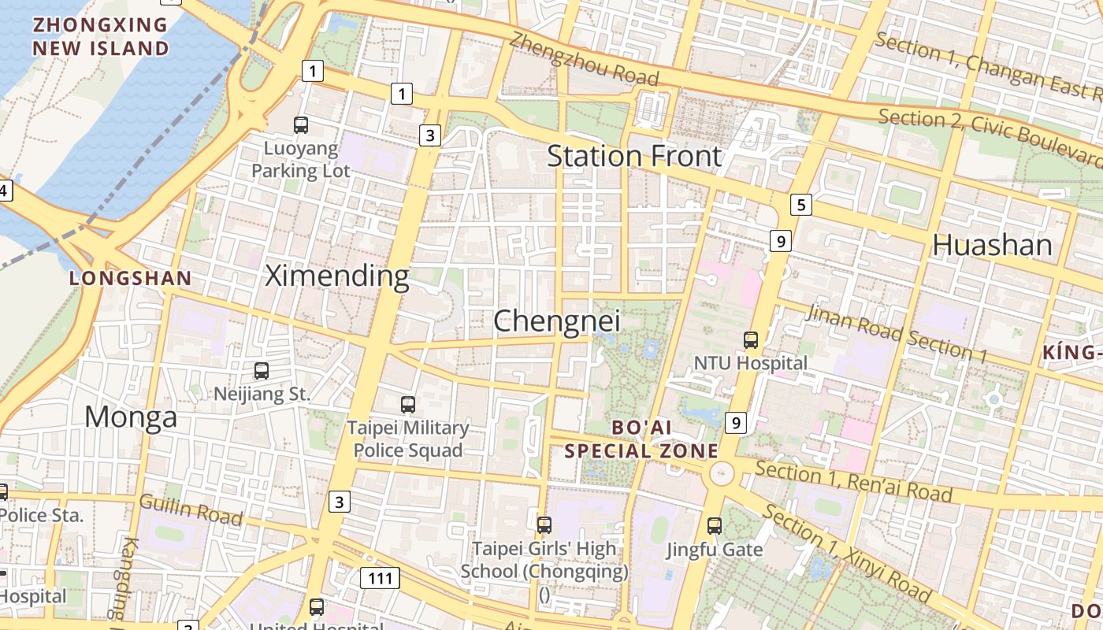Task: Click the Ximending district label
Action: [x=336, y=276]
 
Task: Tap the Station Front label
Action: [x=634, y=156]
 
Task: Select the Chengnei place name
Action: [x=556, y=321]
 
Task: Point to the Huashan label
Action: [x=992, y=245]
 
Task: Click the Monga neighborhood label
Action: [x=131, y=417]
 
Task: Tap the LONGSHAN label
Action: [x=130, y=278]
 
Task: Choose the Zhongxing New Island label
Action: [x=100, y=36]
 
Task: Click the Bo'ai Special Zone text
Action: [x=641, y=439]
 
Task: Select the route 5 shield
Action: [x=800, y=206]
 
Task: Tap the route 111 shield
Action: [x=380, y=579]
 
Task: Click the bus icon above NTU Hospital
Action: [x=751, y=340]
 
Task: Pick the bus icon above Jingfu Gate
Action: [x=715, y=526]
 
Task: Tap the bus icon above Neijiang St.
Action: [x=262, y=370]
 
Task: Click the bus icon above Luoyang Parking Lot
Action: [x=301, y=124]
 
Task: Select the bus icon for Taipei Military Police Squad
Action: [x=407, y=405]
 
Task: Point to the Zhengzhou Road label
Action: [x=584, y=58]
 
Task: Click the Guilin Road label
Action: [x=191, y=509]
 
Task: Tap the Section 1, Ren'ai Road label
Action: [x=853, y=481]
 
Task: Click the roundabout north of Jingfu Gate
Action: [x=721, y=474]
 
